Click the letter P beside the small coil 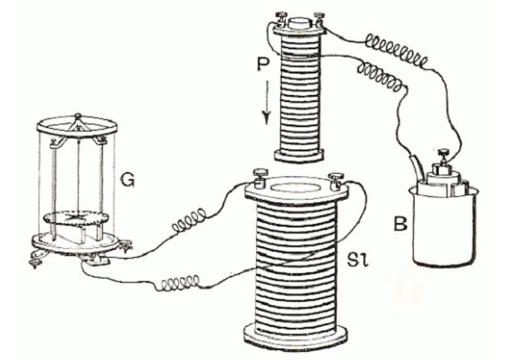(263, 64)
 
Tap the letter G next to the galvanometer (127, 180)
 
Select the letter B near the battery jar (400, 225)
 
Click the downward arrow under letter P (267, 102)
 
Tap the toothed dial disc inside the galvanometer (76, 218)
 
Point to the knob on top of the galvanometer (77, 116)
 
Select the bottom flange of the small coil (299, 155)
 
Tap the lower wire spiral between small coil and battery (381, 76)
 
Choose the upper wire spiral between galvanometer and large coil (189, 219)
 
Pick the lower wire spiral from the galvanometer (180, 283)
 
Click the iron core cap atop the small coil (299, 23)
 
